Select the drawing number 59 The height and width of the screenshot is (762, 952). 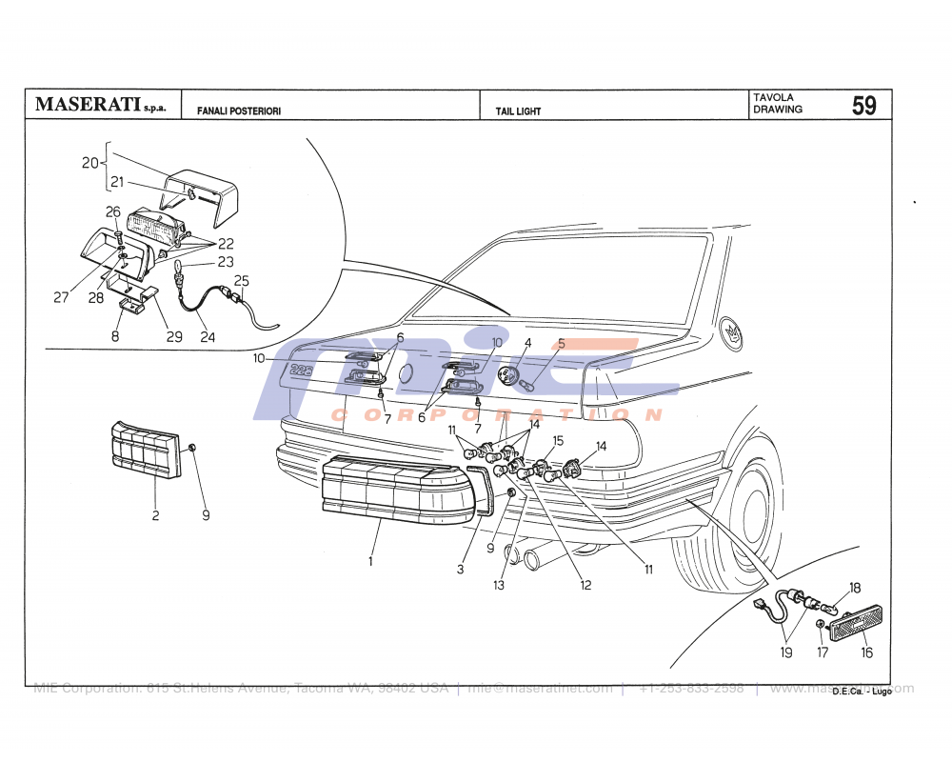click(863, 106)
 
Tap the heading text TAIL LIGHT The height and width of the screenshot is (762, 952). click(518, 111)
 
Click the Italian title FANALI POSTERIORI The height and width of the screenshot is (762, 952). click(238, 111)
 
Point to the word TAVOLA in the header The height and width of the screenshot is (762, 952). click(773, 97)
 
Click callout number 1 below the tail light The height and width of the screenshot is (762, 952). click(370, 562)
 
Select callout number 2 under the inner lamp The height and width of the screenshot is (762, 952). click(155, 516)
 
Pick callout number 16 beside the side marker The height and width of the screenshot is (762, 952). click(866, 653)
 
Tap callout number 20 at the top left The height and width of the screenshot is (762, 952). click(89, 163)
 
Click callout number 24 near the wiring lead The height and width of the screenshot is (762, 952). click(208, 337)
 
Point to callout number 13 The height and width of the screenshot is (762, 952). click(499, 586)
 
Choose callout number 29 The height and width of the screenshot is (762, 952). click(174, 337)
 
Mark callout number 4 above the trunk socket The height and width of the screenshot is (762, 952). click(527, 343)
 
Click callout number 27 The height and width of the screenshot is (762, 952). click(61, 297)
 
